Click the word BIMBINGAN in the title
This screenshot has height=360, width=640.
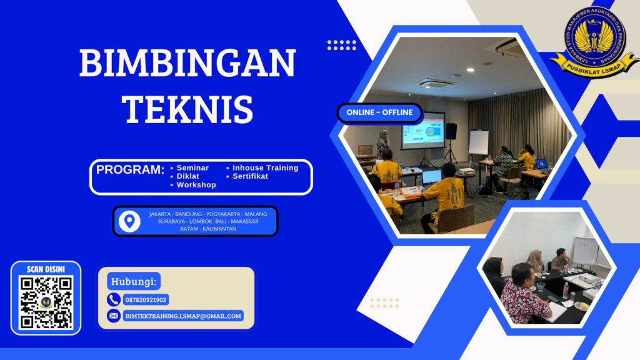pos(187,63)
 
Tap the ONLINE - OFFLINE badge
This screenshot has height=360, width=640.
pos(380,112)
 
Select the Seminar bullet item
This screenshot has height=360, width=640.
pos(192,168)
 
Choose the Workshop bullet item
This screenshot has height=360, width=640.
pos(196,185)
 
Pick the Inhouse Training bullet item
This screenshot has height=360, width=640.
pos(265,168)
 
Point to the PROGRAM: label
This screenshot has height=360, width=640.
pos(130,169)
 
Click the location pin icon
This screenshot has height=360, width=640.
pos(129,221)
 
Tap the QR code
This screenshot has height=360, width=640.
pos(46,302)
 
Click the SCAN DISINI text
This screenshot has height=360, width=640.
pos(46,269)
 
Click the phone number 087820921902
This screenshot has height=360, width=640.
pos(146,300)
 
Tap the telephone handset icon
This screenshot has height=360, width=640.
pos(114,299)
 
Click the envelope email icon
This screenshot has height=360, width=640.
pos(114,316)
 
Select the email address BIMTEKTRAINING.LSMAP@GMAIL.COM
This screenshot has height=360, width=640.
pos(183,316)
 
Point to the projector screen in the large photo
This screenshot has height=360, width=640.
pos(422,130)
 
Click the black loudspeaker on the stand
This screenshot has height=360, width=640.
pos(451,131)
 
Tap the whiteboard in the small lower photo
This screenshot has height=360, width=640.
pos(585,251)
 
